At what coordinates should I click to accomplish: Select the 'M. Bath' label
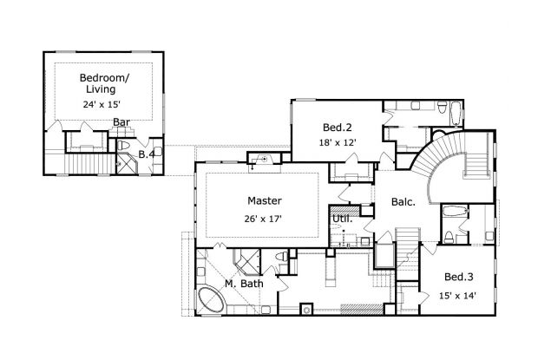(243, 284)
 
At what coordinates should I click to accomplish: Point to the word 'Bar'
(121, 122)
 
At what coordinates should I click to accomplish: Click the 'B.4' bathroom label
(148, 154)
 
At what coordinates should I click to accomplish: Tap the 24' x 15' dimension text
(102, 104)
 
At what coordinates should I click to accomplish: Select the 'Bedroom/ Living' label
(102, 83)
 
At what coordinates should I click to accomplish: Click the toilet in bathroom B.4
(125, 145)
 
